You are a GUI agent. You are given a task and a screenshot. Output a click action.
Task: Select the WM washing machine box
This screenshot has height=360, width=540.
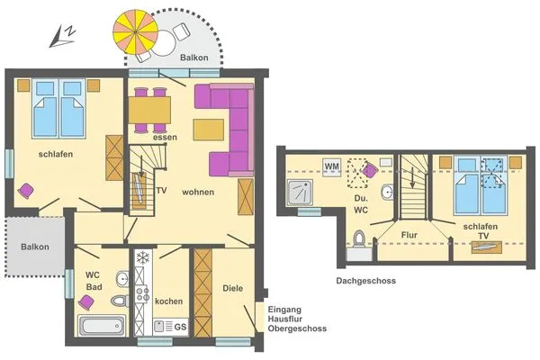tap(331, 166)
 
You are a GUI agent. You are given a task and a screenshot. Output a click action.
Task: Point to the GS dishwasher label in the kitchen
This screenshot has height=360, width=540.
tap(180, 326)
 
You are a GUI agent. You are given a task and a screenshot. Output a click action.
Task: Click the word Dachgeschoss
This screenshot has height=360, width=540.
tap(366, 281)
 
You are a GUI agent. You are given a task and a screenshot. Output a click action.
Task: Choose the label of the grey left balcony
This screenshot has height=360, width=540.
tap(35, 247)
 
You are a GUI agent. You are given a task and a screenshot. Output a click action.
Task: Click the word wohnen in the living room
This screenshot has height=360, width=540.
tap(199, 193)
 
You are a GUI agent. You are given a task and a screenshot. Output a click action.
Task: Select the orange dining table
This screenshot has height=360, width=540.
tap(149, 111)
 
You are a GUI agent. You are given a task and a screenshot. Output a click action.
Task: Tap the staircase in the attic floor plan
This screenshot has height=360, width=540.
tap(412, 185)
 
